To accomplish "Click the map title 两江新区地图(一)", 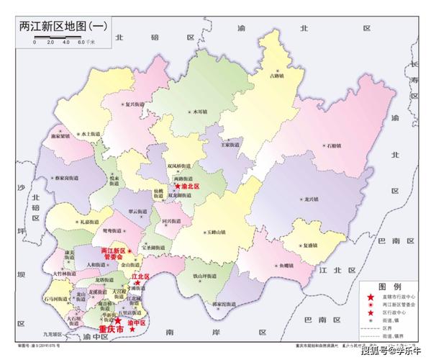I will tap(63, 26).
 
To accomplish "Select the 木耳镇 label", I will tap(199, 112).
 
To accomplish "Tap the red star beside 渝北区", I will tap(177, 186).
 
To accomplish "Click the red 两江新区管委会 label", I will tap(114, 253).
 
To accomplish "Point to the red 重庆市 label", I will tap(112, 330).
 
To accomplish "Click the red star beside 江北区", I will tap(136, 284).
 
